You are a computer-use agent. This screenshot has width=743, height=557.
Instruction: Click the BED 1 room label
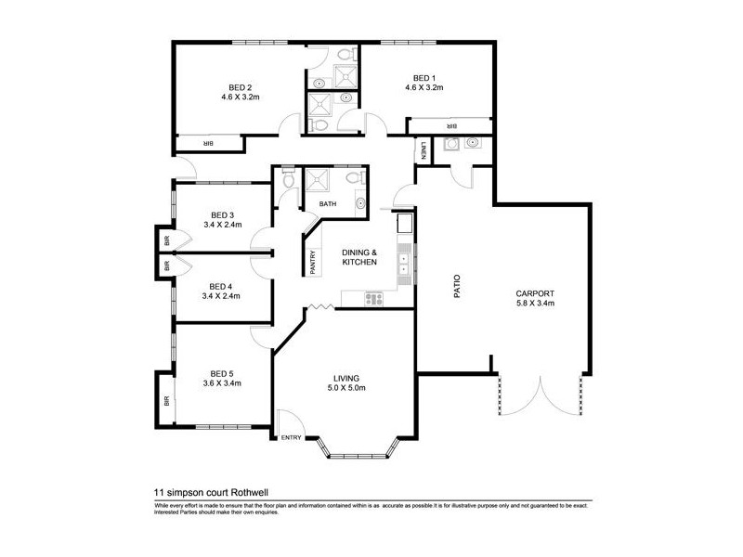(x=424, y=77)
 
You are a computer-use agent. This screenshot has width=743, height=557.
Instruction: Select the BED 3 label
(x=223, y=214)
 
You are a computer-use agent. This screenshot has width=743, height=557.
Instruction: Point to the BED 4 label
(x=221, y=286)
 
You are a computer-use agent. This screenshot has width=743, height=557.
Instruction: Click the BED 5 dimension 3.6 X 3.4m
(x=223, y=382)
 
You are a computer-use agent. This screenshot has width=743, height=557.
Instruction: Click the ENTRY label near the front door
(x=292, y=438)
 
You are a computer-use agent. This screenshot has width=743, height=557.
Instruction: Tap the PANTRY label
(x=313, y=260)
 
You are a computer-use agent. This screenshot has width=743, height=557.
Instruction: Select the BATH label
(x=328, y=203)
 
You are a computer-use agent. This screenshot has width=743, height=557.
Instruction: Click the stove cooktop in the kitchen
(x=374, y=298)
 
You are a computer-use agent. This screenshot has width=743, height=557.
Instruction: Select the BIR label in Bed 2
(x=208, y=143)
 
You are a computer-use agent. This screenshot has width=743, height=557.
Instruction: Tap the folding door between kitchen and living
(x=319, y=306)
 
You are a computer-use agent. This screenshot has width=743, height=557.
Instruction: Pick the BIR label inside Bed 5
(x=166, y=402)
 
